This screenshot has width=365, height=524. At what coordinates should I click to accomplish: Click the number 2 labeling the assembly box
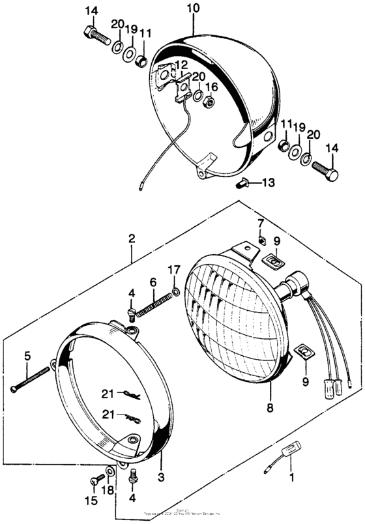132,239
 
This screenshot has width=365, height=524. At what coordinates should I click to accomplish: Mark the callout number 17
173,269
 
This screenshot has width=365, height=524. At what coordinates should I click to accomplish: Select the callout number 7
260,224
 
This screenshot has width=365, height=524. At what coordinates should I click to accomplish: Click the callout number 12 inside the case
181,65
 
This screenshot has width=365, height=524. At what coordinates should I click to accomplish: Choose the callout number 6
154,282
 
